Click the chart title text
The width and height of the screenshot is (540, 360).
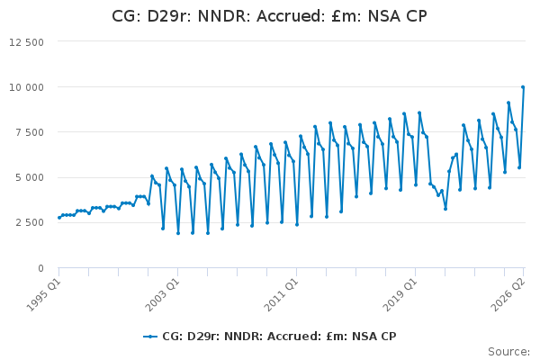(269, 16)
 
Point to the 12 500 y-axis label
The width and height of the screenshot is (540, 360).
(26, 42)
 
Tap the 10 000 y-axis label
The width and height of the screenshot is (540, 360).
(26, 87)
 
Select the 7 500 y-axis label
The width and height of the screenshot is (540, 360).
(30, 132)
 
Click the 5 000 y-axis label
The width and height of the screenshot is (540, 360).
(30, 178)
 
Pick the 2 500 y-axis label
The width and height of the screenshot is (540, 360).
(30, 223)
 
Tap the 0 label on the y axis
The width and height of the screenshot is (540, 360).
(41, 268)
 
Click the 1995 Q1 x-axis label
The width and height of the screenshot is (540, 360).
(43, 295)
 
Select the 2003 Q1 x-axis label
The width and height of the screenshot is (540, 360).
(162, 295)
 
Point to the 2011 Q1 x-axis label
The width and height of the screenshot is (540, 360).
(281, 295)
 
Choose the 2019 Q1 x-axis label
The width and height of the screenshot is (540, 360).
(400, 295)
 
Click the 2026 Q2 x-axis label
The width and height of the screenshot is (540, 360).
(508, 295)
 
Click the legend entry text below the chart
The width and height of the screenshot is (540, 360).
(279, 337)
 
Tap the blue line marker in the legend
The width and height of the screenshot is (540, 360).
(150, 337)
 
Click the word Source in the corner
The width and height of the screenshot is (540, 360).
(507, 352)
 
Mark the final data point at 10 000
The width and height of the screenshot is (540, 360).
(523, 87)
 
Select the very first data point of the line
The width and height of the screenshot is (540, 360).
(59, 218)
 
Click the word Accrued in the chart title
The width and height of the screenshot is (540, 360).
(291, 16)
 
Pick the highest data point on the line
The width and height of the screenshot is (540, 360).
(523, 87)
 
